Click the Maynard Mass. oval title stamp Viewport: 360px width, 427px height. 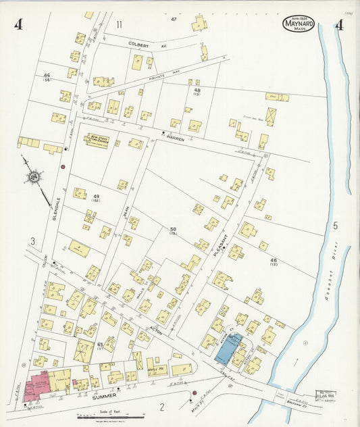[298, 25]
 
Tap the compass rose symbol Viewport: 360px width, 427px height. [31, 178]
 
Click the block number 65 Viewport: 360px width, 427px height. [100, 345]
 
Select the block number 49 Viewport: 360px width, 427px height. [97, 196]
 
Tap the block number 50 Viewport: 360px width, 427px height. [173, 230]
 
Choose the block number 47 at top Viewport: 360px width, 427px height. [174, 19]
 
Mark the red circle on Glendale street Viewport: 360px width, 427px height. [63, 166]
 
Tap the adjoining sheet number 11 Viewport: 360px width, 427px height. [119, 24]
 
